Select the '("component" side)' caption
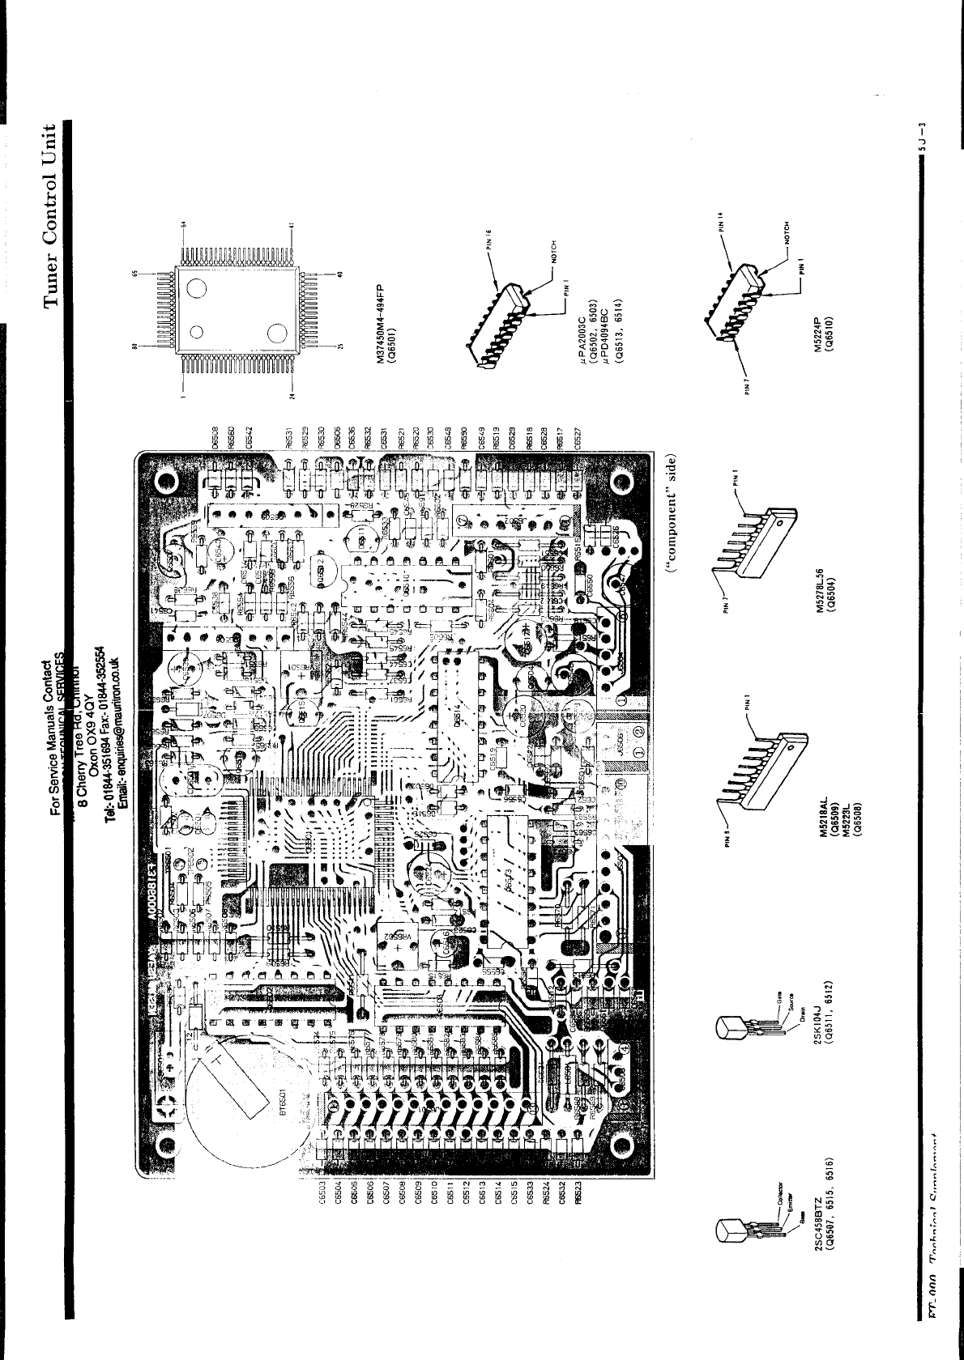(x=672, y=517)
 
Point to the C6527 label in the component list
(x=578, y=436)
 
